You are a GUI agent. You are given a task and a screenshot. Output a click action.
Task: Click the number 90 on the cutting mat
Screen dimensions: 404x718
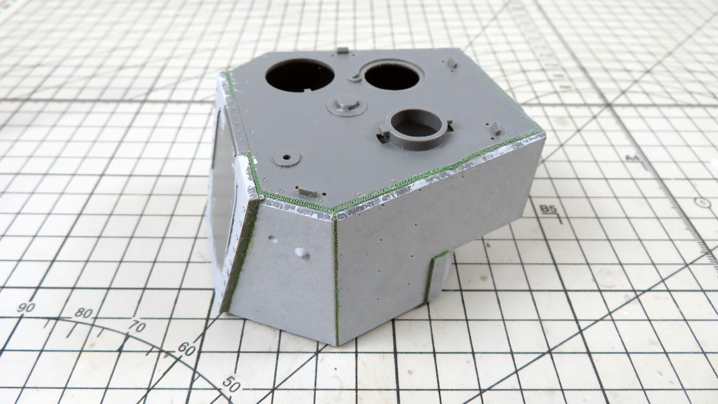tap(25, 307)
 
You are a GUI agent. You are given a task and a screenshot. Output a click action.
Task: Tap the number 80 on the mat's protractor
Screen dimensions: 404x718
tap(83, 313)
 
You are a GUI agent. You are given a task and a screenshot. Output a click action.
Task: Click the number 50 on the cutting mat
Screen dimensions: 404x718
tap(231, 383)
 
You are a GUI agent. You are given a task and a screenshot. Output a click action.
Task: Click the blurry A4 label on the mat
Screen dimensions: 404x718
tap(634, 159)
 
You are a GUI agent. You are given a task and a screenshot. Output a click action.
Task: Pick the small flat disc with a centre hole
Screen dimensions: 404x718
tap(286, 158)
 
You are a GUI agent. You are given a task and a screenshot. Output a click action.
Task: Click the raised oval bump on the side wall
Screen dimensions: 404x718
tap(303, 252)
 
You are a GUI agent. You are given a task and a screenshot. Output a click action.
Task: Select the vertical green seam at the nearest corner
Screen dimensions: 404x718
tap(337, 283)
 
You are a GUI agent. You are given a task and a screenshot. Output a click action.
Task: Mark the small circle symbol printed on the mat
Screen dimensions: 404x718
tap(704, 203)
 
